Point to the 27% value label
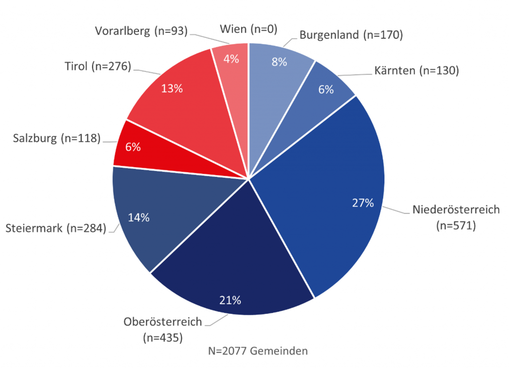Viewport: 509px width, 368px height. pos(362,203)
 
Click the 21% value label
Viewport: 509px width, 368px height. pos(230,300)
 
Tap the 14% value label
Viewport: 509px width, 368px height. pos(139,218)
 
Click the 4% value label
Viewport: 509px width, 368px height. pos(231,59)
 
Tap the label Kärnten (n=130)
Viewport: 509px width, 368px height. pos(416,71)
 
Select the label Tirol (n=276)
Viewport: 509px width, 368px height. pos(97,66)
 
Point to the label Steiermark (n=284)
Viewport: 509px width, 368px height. pos(56,229)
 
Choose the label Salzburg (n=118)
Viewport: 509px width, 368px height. pos(57,138)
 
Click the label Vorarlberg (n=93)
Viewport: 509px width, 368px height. pos(141,31)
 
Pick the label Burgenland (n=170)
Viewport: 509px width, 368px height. pos(350,35)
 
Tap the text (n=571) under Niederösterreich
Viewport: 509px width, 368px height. pos(456,225)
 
